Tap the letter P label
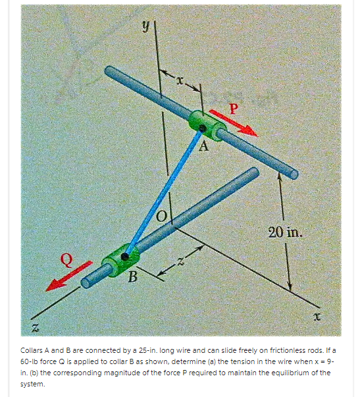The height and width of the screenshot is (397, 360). (x=233, y=105)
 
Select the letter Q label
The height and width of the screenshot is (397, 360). (x=65, y=259)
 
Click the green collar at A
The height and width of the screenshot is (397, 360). (x=207, y=124)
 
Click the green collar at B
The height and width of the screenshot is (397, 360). (x=120, y=259)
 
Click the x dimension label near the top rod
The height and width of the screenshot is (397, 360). (x=178, y=78)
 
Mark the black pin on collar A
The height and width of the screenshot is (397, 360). (x=203, y=128)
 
